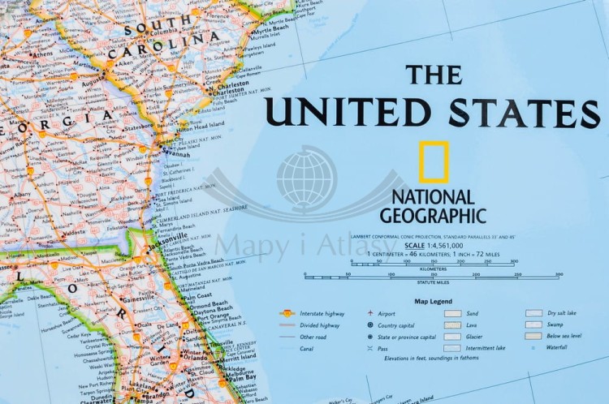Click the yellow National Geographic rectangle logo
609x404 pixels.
pyautogui.click(x=434, y=161)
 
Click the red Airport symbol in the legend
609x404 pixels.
pyautogui.click(x=370, y=313)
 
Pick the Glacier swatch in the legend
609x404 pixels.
pyautogui.click(x=452, y=336)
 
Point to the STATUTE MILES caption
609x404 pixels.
pyautogui.click(x=433, y=282)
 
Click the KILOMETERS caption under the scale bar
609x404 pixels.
pyautogui.click(x=434, y=268)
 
